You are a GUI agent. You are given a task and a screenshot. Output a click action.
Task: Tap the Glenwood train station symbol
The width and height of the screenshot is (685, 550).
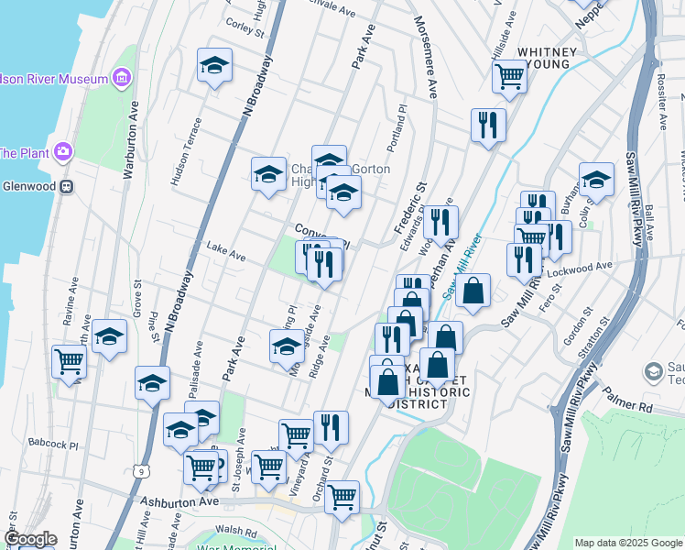[67, 186]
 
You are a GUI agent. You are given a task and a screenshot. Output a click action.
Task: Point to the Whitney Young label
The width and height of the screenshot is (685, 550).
[547, 58]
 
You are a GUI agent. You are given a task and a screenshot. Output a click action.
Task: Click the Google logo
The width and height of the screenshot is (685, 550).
[30, 540]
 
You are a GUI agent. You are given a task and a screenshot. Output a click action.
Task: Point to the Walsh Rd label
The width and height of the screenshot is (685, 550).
[235, 531]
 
